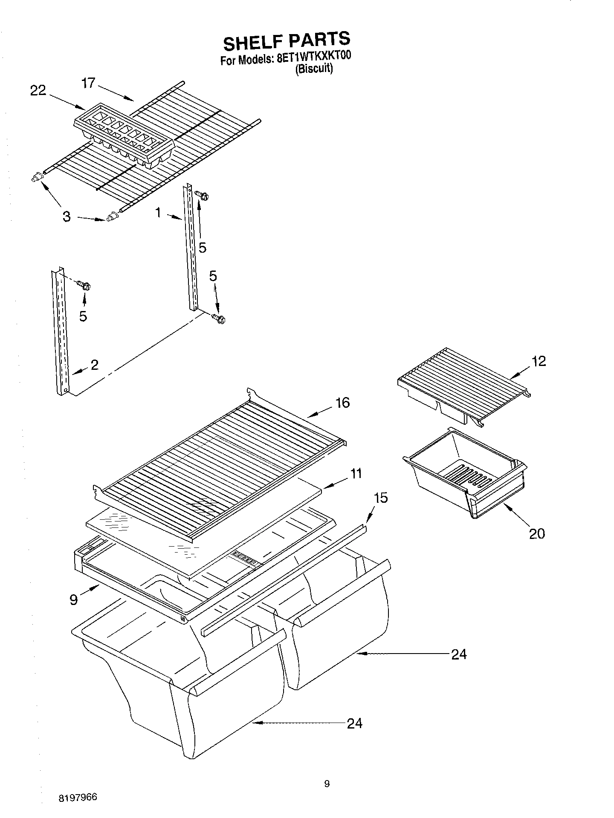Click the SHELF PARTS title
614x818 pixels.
pyautogui.click(x=287, y=41)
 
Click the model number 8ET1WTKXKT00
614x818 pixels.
pyautogui.click(x=313, y=58)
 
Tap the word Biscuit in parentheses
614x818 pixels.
pyautogui.click(x=314, y=69)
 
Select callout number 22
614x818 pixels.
pyautogui.click(x=38, y=90)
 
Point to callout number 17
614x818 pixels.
pyautogui.click(x=88, y=83)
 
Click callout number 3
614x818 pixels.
pyautogui.click(x=67, y=216)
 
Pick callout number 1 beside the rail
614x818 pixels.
pyautogui.click(x=158, y=212)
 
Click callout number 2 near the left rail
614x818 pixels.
pyautogui.click(x=94, y=364)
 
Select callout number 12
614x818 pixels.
pyautogui.click(x=539, y=361)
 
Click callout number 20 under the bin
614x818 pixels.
pyautogui.click(x=537, y=533)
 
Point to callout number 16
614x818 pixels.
pyautogui.click(x=342, y=403)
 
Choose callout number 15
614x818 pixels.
pyautogui.click(x=380, y=498)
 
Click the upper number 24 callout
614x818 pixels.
pyautogui.click(x=459, y=654)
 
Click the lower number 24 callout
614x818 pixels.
pyautogui.click(x=354, y=723)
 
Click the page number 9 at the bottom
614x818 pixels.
pyautogui.click(x=327, y=783)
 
